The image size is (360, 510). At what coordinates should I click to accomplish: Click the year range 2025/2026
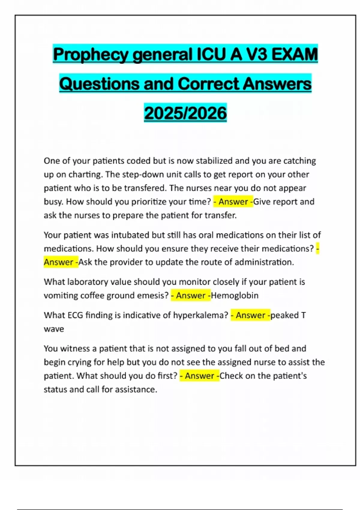(x=185, y=113)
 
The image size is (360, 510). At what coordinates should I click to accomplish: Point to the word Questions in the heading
(x=99, y=84)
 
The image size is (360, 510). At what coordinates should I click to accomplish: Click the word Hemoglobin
(x=235, y=295)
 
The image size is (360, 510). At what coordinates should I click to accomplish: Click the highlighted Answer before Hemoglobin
(x=190, y=295)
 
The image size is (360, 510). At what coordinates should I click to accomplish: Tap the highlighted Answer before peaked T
(x=250, y=315)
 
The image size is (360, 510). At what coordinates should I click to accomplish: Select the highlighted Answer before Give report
(x=233, y=202)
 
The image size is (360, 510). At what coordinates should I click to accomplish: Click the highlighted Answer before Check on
(x=199, y=376)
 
